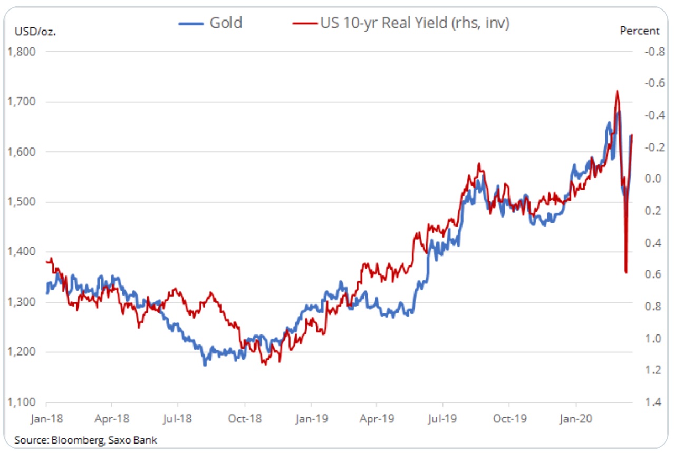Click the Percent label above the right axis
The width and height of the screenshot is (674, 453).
click(x=639, y=31)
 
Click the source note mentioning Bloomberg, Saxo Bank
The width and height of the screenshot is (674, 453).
click(x=86, y=439)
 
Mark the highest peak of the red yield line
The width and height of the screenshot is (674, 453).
click(x=617, y=91)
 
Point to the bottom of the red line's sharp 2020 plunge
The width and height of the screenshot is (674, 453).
click(x=626, y=272)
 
